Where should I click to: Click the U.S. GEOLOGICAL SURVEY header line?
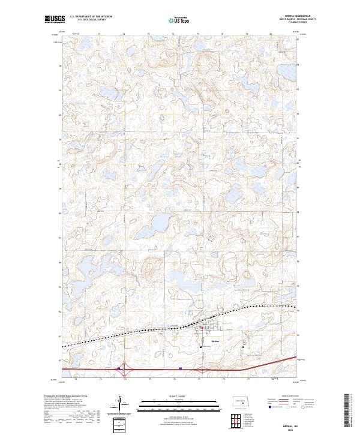click(x=91, y=20)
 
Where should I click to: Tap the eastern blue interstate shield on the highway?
click(x=180, y=369)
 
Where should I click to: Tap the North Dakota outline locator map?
click(x=240, y=401)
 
